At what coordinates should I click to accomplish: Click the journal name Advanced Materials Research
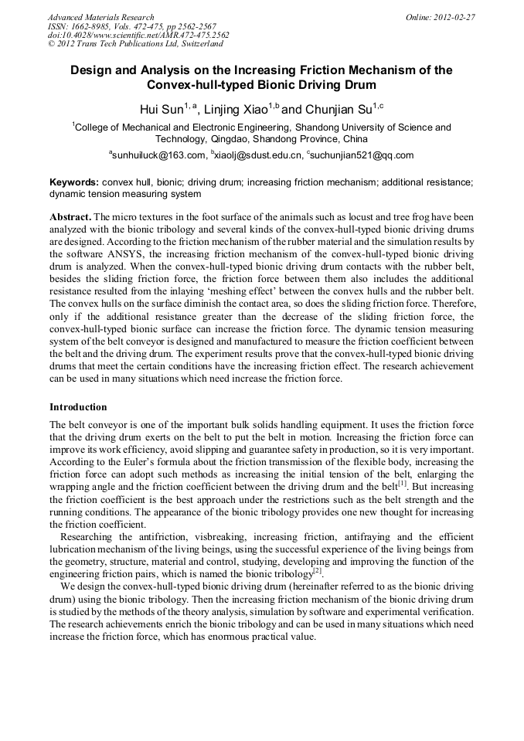pos(100,17)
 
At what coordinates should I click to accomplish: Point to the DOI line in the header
pos(138,36)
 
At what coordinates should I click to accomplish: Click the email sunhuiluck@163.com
pos(158,155)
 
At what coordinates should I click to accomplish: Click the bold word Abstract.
pos(70,217)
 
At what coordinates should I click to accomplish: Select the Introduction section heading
pos(78,406)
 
